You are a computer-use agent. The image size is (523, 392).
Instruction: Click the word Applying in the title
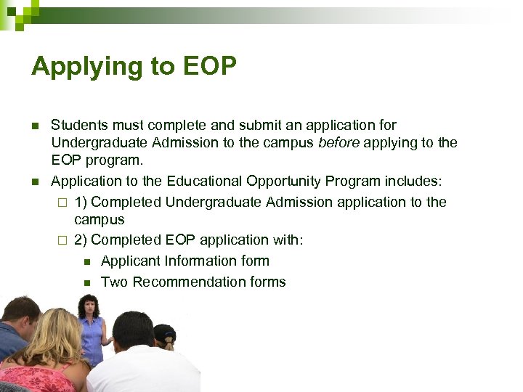click(76, 67)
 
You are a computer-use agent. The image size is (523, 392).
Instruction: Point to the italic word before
click(339, 143)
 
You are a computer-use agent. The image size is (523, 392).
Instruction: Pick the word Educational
click(205, 181)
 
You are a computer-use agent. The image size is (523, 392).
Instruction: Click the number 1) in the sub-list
click(81, 202)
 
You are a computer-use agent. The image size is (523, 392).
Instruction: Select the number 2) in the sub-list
click(81, 240)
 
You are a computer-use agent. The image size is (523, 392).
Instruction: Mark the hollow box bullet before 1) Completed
click(62, 203)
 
